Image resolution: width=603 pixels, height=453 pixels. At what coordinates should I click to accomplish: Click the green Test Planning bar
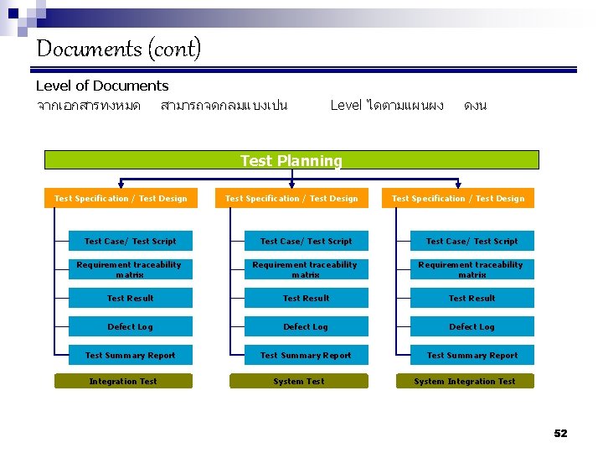[291, 160]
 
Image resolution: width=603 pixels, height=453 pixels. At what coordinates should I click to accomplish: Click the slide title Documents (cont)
[118, 49]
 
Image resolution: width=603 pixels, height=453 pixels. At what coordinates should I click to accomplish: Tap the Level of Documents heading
[102, 86]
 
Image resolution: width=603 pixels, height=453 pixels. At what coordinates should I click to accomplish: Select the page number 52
[560, 433]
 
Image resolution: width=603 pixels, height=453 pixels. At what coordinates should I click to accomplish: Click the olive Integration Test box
[124, 382]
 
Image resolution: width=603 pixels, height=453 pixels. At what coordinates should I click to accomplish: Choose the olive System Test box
[299, 382]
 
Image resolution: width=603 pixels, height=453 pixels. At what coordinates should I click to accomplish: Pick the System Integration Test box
[465, 382]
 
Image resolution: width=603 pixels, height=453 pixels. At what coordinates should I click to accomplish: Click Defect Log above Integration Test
[131, 327]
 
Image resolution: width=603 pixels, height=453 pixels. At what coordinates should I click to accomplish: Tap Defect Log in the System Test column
[306, 327]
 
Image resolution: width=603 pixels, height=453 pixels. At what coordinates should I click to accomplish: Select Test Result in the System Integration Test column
[472, 298]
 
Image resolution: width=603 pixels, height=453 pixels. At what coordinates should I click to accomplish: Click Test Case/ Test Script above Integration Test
[131, 242]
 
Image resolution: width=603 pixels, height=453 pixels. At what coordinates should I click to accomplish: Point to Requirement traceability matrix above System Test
[306, 269]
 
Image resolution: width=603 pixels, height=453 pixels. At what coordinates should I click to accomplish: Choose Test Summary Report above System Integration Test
[472, 356]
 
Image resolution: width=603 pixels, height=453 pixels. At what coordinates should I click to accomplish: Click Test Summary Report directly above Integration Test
[131, 356]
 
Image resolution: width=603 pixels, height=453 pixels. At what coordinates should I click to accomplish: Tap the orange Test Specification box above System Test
[291, 199]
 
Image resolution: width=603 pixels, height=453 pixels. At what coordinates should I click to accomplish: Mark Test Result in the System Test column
[306, 298]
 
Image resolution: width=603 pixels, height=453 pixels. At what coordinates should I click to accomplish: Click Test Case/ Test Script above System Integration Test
[472, 242]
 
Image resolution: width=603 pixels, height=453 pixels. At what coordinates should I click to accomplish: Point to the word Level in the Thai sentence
[346, 106]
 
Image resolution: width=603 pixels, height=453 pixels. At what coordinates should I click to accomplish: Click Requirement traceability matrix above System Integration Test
[472, 269]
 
